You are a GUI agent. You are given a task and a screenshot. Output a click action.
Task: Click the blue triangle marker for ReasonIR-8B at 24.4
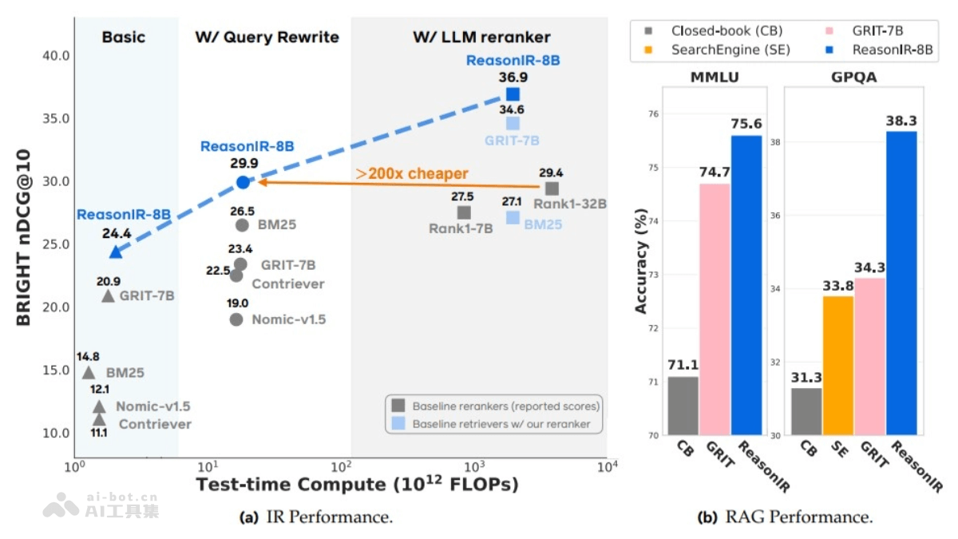point(116,252)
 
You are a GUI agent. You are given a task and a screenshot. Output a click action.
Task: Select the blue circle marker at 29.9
point(243,182)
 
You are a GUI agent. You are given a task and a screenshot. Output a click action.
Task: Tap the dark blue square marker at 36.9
point(513,94)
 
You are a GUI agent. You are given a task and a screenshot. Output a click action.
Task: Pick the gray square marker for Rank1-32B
point(552,188)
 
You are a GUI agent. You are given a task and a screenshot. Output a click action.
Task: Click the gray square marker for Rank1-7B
point(464,212)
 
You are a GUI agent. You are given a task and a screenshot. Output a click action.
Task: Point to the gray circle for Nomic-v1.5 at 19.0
point(236,319)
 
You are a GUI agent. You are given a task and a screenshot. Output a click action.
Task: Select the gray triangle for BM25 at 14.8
point(89,372)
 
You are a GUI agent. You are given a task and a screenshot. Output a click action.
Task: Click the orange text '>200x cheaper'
point(412,173)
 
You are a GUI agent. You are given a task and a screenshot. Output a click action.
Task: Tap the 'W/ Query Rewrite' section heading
point(267,38)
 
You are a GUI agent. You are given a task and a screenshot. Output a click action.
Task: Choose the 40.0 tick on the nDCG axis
point(55,56)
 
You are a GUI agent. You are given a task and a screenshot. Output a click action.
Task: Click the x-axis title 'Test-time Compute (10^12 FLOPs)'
point(357,484)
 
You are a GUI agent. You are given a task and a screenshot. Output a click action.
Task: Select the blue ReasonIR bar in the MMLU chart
point(746,285)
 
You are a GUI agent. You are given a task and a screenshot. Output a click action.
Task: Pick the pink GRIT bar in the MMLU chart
point(715,309)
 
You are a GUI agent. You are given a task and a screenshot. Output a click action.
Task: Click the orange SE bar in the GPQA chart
point(838,365)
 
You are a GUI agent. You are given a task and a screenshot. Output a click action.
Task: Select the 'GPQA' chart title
point(853,77)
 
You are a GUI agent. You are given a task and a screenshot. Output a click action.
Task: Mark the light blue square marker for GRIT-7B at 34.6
point(513,123)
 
